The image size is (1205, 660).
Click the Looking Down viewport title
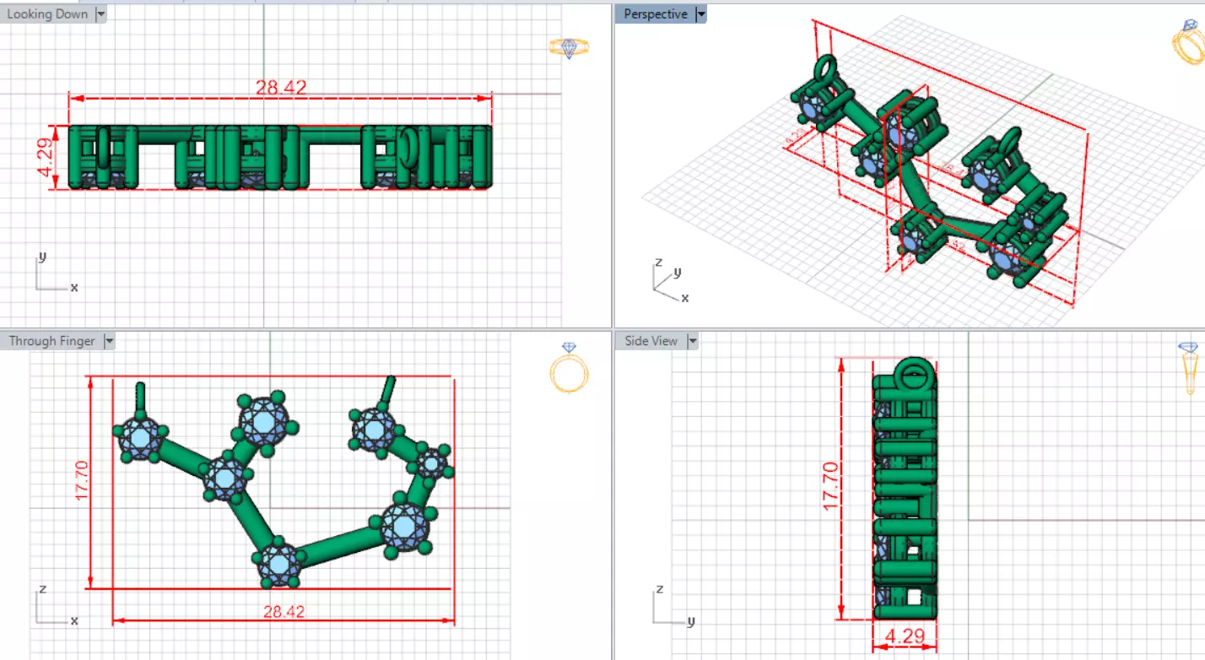point(47,14)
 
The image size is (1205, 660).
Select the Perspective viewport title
point(655,14)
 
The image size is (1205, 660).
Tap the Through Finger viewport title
point(51,341)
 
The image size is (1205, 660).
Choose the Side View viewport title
point(651,341)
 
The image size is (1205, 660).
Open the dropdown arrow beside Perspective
point(700,14)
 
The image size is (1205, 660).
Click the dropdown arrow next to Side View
point(692,341)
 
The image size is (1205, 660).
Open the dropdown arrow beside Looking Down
point(100,14)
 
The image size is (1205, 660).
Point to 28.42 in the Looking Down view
point(281,87)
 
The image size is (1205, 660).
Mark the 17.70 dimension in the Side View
point(829,485)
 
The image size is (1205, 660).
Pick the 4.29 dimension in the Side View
point(905,636)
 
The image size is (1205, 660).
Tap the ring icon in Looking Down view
point(569,47)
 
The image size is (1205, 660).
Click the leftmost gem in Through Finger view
point(140,437)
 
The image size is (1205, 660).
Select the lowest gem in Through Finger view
point(278,562)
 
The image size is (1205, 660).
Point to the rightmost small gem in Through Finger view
point(432,463)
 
